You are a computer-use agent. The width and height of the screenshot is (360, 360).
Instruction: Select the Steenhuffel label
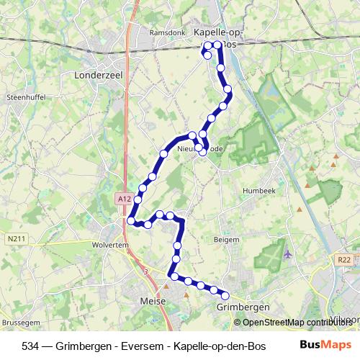point(25,96)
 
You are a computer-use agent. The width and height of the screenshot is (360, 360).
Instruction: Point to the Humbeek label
point(258,190)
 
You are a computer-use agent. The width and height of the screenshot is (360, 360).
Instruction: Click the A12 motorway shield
point(123,199)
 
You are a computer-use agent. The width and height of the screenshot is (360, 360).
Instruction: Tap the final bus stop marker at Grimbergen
point(225,295)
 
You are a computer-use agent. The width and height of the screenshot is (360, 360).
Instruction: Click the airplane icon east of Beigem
point(289,253)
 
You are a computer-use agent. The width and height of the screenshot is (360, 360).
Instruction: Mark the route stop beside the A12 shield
point(132,221)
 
